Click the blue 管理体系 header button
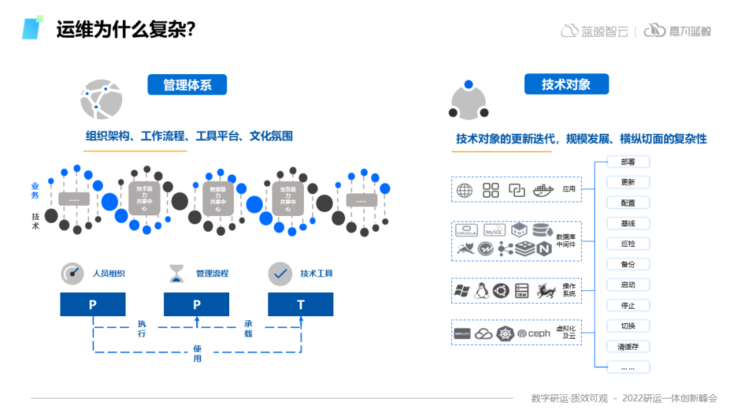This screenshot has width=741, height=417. point(187,85)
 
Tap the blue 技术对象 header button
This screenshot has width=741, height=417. point(566,84)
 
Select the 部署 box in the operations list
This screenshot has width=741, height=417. point(628,162)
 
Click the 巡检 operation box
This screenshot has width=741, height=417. point(628,243)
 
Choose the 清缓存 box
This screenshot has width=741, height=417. point(628,346)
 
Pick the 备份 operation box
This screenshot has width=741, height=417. point(628,264)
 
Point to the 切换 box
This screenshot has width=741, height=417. point(628,326)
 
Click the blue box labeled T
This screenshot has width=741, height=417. point(301,305)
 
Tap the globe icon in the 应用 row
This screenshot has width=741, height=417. point(464,190)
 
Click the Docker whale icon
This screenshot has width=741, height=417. point(543,190)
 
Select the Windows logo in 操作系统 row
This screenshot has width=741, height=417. point(461,291)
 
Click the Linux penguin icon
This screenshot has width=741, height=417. point(481,291)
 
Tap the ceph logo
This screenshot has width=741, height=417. point(534,333)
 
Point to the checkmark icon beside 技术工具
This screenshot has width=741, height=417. point(280,274)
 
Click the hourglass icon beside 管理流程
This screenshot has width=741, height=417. point(177,274)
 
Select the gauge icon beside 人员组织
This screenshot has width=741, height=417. point(72,274)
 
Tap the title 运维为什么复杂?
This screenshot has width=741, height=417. point(126,29)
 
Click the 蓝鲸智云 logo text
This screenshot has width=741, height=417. point(593,31)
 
